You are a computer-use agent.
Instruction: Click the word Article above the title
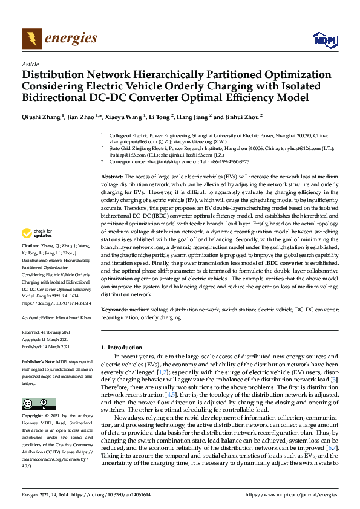(30, 64)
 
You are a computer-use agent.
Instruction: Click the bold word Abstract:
(113, 175)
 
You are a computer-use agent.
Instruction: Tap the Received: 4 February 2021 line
(46, 332)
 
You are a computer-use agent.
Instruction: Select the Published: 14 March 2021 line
(46, 346)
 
